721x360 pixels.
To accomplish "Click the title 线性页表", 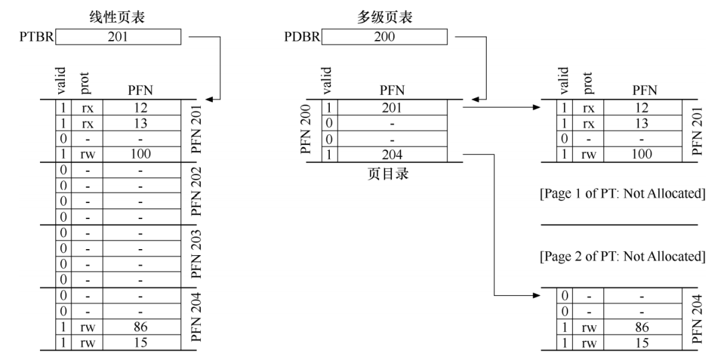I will coord(117,19).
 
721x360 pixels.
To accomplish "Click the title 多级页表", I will coord(384,19).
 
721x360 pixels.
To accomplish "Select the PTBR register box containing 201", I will coord(118,37).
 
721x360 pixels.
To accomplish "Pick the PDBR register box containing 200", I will coord(385,37).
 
